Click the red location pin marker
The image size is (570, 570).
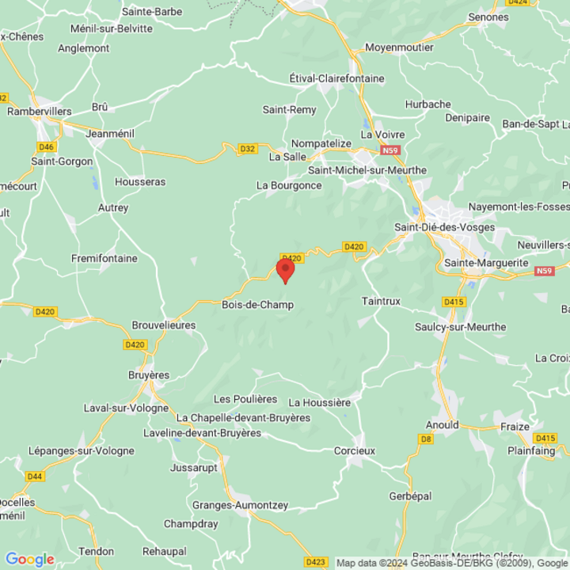coord(285,270)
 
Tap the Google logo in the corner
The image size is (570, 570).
coord(29,559)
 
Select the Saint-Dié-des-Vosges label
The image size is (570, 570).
coord(444,227)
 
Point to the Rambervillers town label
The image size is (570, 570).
coord(40,112)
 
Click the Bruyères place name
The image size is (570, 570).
coord(149,374)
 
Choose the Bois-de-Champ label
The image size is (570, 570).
coord(257,305)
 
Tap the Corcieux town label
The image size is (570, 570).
coord(354,450)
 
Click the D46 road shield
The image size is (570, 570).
coord(46,146)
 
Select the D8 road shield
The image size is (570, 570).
coord(426,438)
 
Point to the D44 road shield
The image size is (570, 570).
coord(35,476)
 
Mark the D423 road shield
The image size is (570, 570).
coord(315,561)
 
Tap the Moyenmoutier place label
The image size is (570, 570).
coord(399,47)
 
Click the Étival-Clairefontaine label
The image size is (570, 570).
coord(336,78)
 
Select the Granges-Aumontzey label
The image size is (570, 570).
coord(240,505)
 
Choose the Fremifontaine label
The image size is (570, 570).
coord(104,258)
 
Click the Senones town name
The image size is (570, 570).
coord(488,17)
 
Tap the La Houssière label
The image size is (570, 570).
coord(319,402)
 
